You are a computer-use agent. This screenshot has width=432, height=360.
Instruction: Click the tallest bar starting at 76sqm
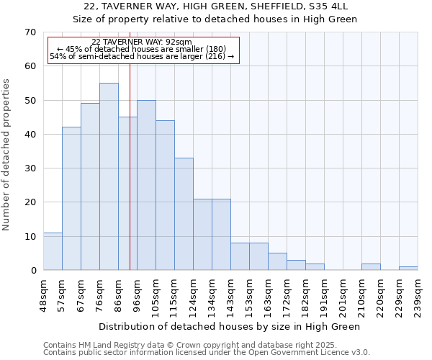tap(109, 176)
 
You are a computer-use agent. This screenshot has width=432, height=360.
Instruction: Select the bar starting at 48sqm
tap(53, 251)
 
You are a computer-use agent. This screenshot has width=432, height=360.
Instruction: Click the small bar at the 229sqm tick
tap(408, 268)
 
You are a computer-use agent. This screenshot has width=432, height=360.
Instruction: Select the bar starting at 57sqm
tap(71, 199)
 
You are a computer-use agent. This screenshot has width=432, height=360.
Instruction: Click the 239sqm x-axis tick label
tap(418, 296)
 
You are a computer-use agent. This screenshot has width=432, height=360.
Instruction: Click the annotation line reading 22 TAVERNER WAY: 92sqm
tap(142, 42)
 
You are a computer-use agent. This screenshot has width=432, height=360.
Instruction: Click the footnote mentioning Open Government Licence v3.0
tap(207, 353)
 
